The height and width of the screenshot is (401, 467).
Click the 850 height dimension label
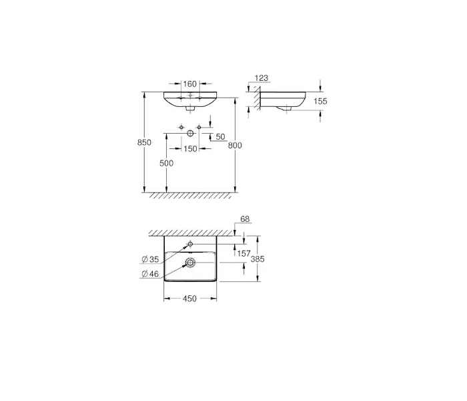click(x=144, y=142)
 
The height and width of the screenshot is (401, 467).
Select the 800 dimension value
click(x=235, y=146)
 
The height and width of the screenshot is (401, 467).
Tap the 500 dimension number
click(x=166, y=163)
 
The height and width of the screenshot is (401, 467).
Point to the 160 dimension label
click(x=190, y=84)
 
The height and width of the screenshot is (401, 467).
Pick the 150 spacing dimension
click(x=190, y=148)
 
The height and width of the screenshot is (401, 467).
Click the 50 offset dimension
click(x=220, y=137)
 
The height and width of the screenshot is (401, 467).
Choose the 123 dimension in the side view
click(x=262, y=78)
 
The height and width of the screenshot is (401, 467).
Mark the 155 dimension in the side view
click(x=320, y=102)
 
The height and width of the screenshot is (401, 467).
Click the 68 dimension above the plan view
click(x=245, y=219)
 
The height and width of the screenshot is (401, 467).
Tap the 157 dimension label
click(x=244, y=253)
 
